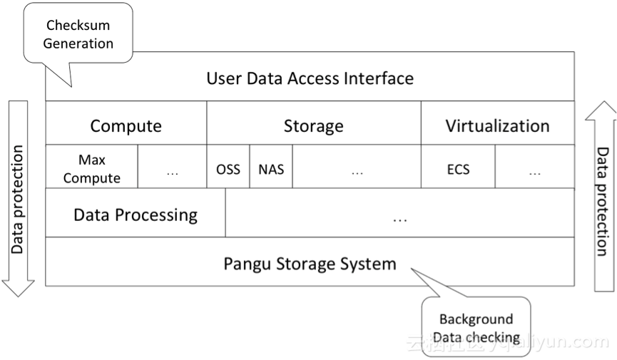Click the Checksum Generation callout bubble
coord(78,34)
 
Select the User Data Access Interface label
coord(310,78)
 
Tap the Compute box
coord(126,126)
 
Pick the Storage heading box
coord(313,126)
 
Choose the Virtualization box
coord(497,126)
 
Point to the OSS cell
coord(228,170)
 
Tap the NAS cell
coord(271,170)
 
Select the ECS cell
coord(458,170)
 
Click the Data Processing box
coord(136,214)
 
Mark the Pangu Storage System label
coord(310,264)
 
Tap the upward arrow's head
coord(605,112)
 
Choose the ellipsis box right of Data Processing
coord(399,214)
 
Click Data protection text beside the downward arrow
coord(18,200)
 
